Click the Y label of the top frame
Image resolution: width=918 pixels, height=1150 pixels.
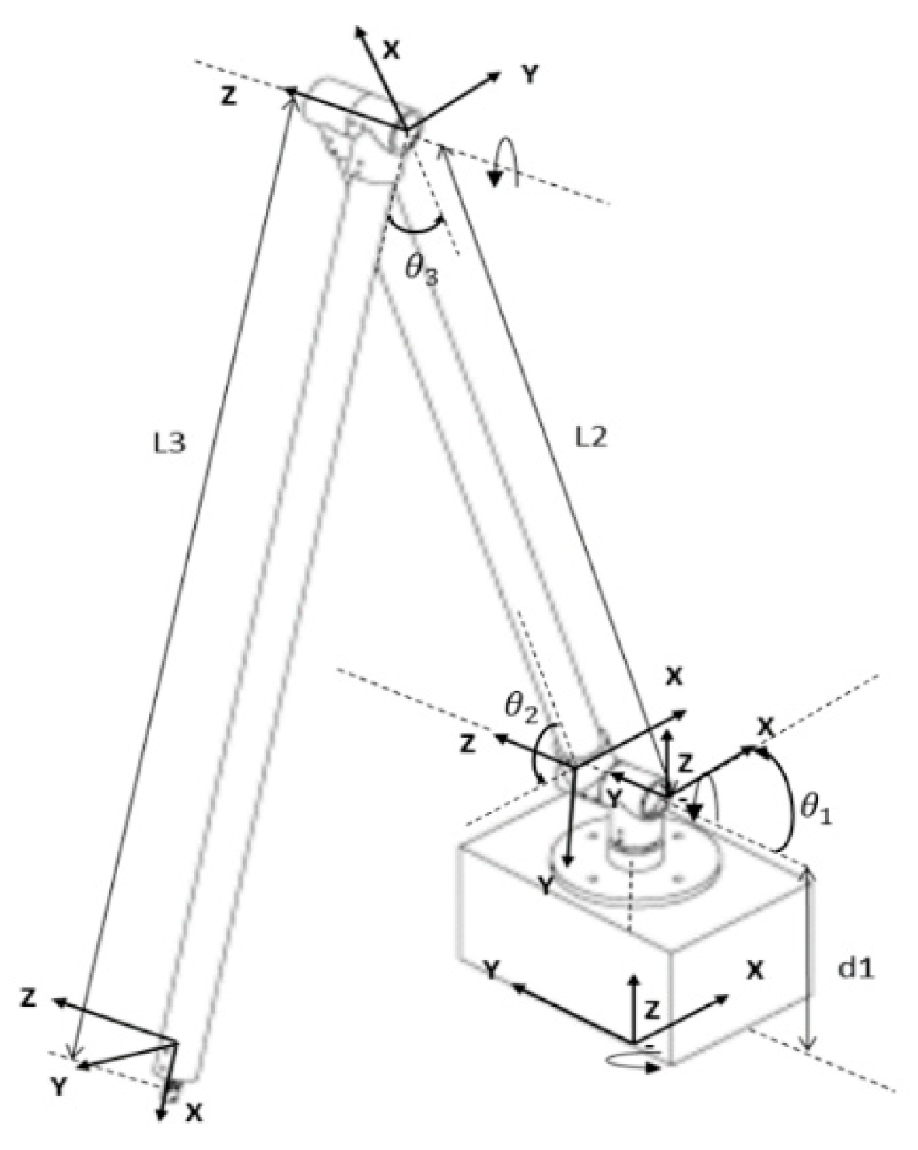pos(529,75)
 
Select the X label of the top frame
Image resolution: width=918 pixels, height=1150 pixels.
pos(391,50)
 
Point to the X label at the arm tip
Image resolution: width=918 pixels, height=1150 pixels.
pos(194,1135)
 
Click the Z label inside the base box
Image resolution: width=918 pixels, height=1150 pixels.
pos(653,1010)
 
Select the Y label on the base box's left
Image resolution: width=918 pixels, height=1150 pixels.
pos(491,969)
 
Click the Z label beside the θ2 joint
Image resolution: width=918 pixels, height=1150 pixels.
pos(467,744)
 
